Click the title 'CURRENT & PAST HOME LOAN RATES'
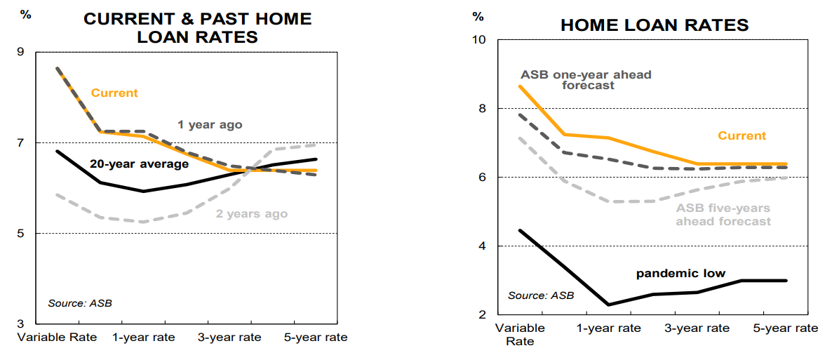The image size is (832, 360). pyautogui.click(x=197, y=27)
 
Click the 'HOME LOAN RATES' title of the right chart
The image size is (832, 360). pyautogui.click(x=655, y=25)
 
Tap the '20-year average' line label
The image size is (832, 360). pyautogui.click(x=139, y=164)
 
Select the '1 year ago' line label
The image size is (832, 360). pyautogui.click(x=209, y=125)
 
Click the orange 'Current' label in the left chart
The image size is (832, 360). pyautogui.click(x=114, y=93)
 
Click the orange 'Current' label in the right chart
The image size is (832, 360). pyautogui.click(x=742, y=135)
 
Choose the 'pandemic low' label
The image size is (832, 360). pyautogui.click(x=680, y=273)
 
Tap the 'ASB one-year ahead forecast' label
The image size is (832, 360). pyautogui.click(x=586, y=80)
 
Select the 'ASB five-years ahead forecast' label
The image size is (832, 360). pyautogui.click(x=723, y=215)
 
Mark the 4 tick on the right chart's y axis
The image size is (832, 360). pyautogui.click(x=483, y=246)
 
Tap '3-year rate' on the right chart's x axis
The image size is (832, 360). pyautogui.click(x=697, y=328)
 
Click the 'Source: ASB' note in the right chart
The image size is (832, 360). pyautogui.click(x=540, y=295)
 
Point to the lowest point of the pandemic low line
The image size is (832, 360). pyautogui.click(x=608, y=305)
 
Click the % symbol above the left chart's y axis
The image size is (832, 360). pyautogui.click(x=26, y=15)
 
